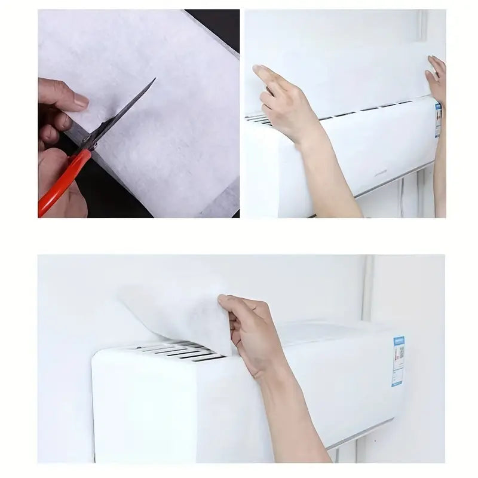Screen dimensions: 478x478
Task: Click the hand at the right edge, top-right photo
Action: [x=437, y=78]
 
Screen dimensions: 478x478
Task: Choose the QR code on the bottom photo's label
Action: [x=400, y=353]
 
